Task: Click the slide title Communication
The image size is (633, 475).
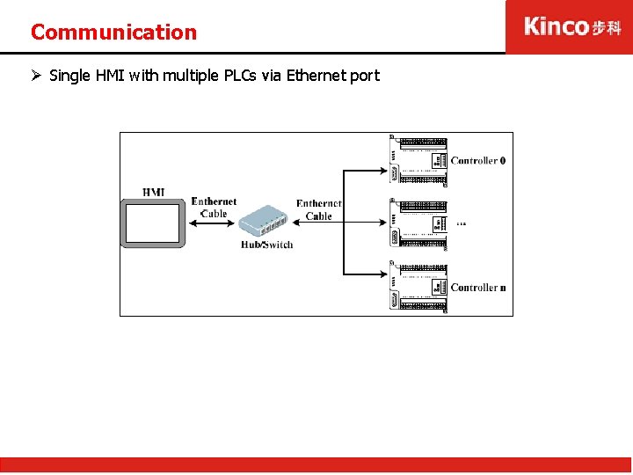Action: click(113, 33)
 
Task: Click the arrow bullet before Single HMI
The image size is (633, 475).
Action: click(36, 76)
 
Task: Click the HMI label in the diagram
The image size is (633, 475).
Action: click(153, 193)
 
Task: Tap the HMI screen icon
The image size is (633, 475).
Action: click(153, 223)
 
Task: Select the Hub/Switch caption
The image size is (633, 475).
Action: click(266, 245)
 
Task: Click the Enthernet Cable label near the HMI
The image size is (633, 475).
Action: click(214, 208)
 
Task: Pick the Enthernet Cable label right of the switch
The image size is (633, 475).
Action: click(318, 210)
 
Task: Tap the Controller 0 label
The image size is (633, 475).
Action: click(477, 161)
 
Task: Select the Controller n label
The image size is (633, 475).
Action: click(477, 288)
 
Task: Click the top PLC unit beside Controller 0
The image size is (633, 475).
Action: click(418, 160)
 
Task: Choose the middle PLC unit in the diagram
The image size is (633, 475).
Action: click(418, 223)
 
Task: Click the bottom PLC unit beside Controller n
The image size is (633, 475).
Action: click(418, 287)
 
